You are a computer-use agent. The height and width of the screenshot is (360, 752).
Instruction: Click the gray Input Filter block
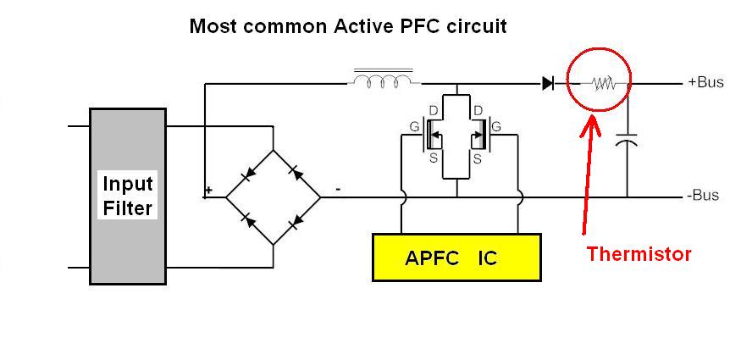click(x=128, y=197)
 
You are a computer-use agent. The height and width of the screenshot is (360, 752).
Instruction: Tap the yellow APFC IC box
click(x=456, y=258)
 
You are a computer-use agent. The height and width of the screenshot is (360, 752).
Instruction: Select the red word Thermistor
click(x=639, y=253)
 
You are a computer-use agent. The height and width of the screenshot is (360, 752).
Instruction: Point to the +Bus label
click(x=705, y=81)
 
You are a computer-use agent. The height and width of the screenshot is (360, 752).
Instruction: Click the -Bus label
click(x=703, y=196)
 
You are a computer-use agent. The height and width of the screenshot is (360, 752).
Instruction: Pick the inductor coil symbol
click(x=383, y=80)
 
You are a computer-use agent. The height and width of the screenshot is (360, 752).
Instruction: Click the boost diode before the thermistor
click(x=548, y=84)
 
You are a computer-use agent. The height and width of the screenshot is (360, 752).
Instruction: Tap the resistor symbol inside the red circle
click(x=603, y=84)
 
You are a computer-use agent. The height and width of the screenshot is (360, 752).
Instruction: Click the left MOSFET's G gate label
click(x=413, y=127)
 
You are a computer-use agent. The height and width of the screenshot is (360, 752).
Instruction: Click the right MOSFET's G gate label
click(x=496, y=127)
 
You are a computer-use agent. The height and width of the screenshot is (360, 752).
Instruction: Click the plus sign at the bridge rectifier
click(x=207, y=190)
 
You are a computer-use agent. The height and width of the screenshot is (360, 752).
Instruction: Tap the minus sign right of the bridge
click(x=338, y=189)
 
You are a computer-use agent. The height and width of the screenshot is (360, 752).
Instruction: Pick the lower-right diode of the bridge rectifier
click(x=297, y=220)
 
